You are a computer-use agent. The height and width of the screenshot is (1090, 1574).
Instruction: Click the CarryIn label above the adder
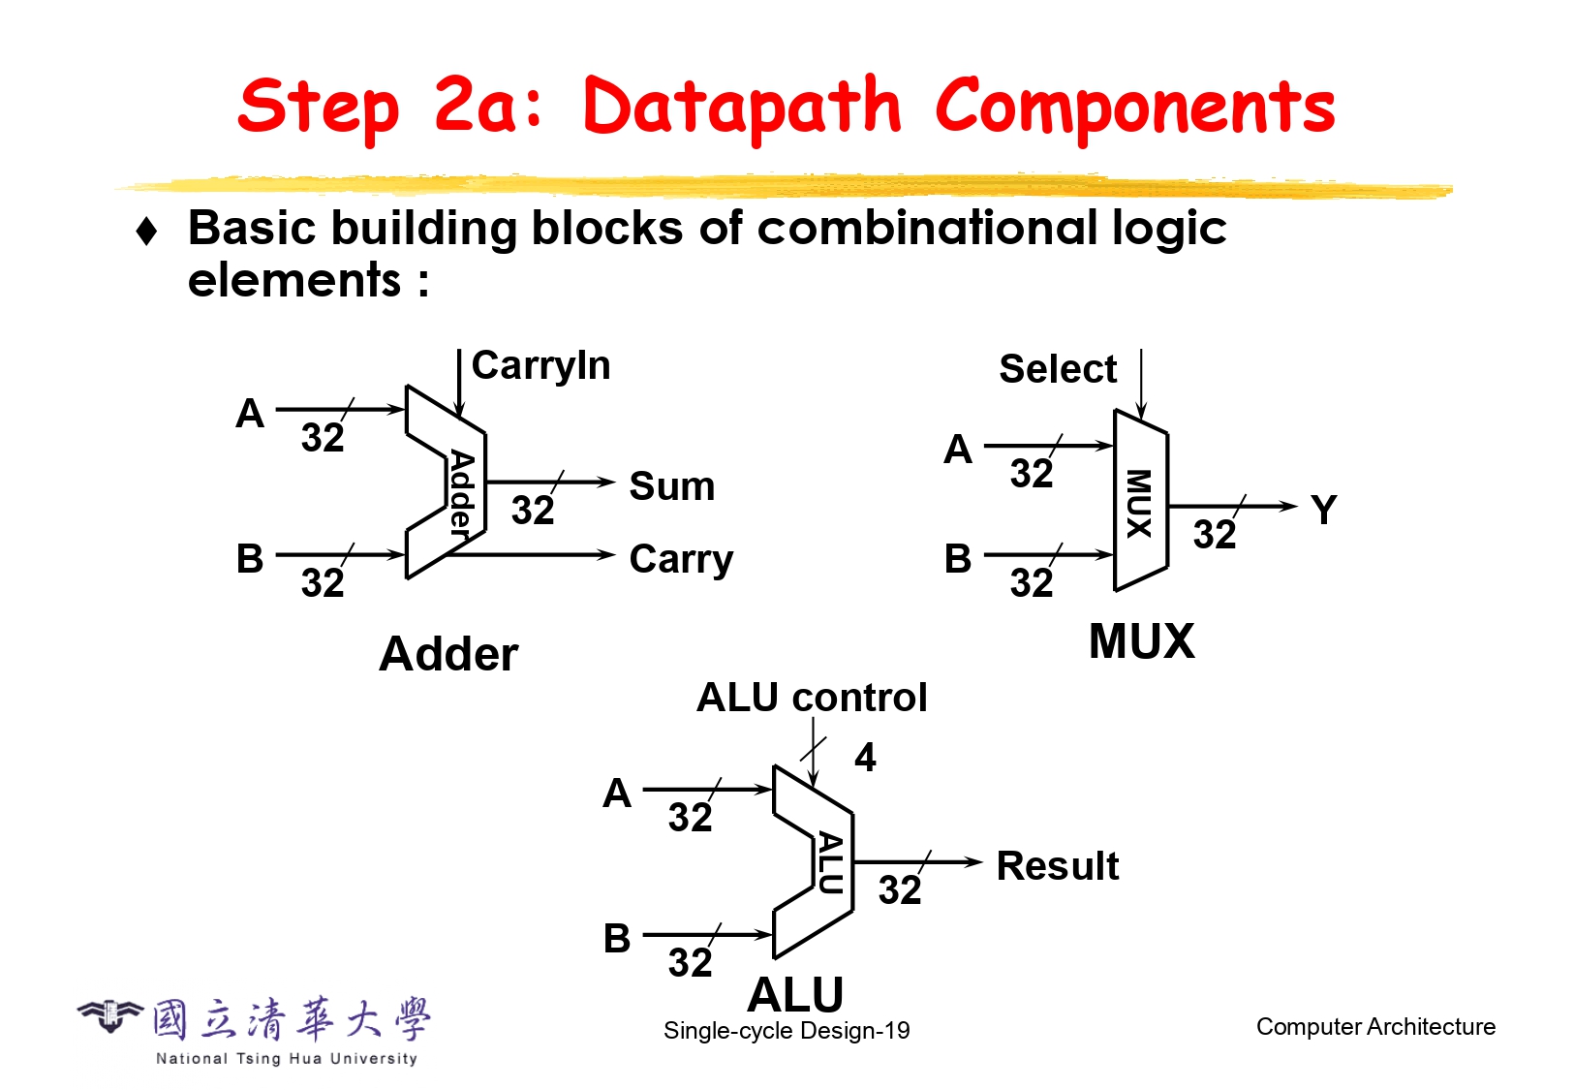point(540,366)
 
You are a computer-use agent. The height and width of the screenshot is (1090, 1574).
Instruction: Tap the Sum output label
point(671,486)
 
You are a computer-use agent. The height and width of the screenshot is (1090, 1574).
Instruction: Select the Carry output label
point(681,559)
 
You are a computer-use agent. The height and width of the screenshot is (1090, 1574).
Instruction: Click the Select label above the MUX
point(1058,369)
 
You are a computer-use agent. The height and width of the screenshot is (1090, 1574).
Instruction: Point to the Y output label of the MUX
point(1323,510)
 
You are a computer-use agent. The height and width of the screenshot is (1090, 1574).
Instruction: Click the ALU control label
point(812,698)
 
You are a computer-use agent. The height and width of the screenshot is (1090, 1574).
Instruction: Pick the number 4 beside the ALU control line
point(865,758)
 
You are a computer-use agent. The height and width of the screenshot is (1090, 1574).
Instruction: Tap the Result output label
point(1057,866)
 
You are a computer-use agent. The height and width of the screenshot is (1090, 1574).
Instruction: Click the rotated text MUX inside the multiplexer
point(1139,503)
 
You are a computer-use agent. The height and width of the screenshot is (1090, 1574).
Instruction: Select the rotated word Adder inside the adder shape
point(462,493)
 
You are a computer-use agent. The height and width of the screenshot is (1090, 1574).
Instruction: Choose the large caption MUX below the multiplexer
point(1141,641)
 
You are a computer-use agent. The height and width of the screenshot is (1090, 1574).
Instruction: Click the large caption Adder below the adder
point(448,654)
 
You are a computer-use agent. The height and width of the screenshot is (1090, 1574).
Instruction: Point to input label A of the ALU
point(617,794)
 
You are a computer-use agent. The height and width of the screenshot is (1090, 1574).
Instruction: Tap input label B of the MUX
point(957,559)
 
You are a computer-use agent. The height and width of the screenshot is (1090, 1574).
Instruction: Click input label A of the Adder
point(250,414)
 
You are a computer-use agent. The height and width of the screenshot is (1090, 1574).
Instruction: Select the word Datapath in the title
point(742,108)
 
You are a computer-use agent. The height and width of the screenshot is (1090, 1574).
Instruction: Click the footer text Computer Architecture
point(1375,1027)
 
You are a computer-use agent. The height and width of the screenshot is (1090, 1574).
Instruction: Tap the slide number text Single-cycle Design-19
point(787,1031)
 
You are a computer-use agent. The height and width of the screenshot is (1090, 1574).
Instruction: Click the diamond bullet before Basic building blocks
point(147,232)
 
